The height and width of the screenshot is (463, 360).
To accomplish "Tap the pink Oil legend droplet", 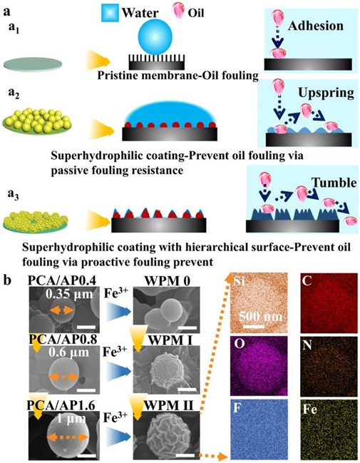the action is click(178, 14).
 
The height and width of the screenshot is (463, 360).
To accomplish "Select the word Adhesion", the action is click(316, 26).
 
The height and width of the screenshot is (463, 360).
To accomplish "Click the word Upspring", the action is click(326, 93).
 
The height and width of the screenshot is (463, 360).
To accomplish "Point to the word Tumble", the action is click(334, 183).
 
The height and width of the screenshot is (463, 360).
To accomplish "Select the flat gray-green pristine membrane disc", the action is click(33, 63).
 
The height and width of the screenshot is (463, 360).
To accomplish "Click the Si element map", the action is click(259, 302).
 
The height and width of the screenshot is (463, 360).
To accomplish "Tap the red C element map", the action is click(329, 302).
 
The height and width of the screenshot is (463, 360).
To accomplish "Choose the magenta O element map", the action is click(259, 366).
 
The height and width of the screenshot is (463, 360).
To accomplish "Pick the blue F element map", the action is click(259, 429).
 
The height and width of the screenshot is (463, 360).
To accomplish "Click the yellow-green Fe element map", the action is click(329, 429).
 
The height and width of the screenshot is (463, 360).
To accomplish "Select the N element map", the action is click(329, 366).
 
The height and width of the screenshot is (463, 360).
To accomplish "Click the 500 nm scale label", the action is click(260, 317).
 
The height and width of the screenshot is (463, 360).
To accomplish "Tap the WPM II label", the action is click(168, 406).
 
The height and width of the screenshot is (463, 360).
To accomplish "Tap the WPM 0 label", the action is click(167, 280).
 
